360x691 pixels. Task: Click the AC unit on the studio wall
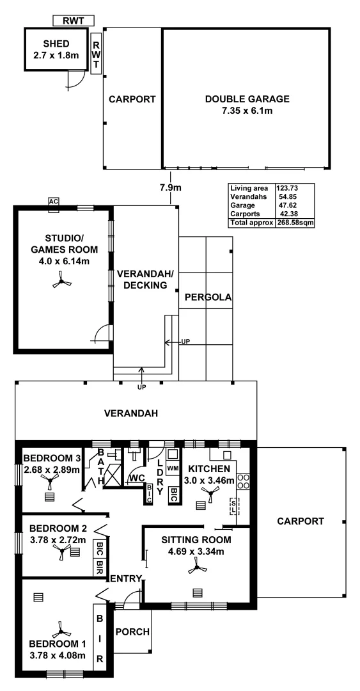(54, 202)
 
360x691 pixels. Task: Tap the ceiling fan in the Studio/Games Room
(61, 281)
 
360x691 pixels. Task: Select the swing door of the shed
(75, 79)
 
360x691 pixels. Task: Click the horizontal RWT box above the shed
(73, 20)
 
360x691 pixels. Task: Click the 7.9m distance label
(171, 188)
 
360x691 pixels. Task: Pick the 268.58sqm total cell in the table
(295, 223)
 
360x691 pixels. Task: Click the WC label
(136, 478)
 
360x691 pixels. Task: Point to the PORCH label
(132, 631)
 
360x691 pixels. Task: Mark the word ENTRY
(125, 579)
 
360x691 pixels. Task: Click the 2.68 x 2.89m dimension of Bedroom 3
(51, 470)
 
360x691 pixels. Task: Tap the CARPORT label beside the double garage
(132, 99)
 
